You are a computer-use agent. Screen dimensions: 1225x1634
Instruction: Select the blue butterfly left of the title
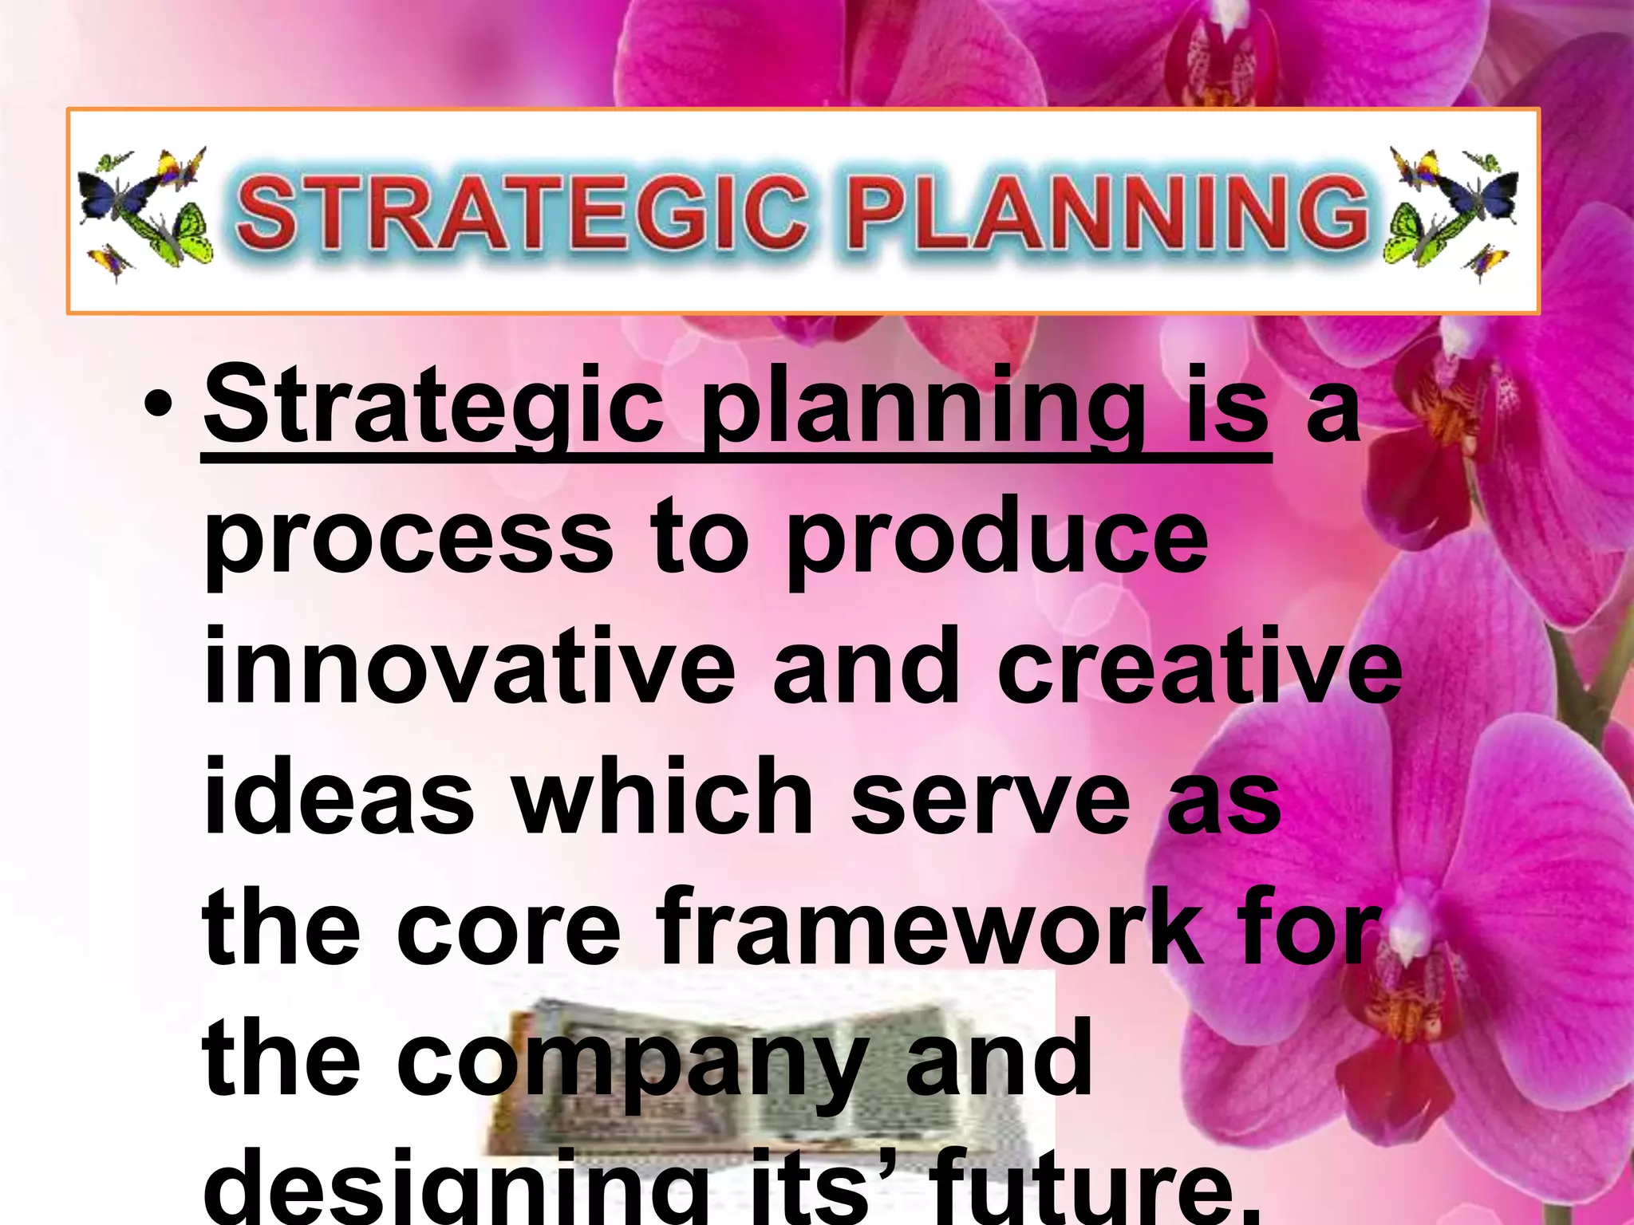coord(120,191)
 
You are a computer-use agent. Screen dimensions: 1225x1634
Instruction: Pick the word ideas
coord(339,798)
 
